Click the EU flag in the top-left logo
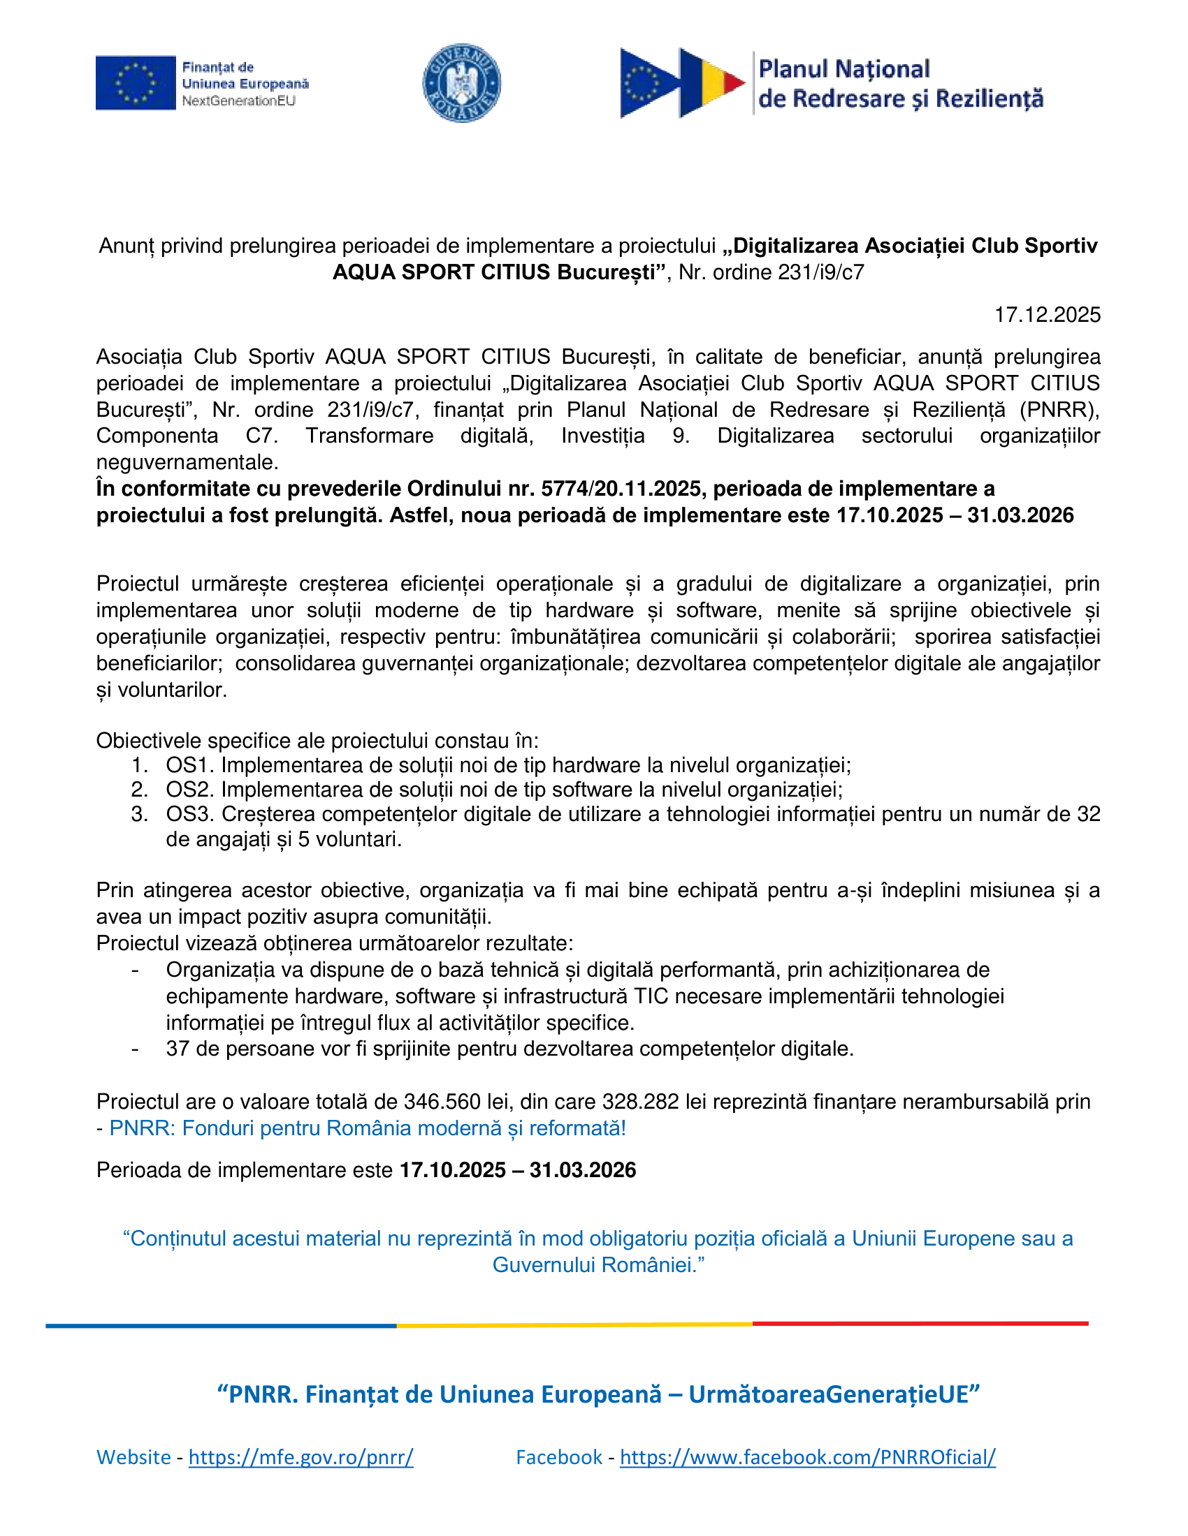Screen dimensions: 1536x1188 click(x=135, y=83)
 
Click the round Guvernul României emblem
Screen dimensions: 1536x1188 click(x=461, y=83)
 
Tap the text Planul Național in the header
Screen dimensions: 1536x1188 click(x=844, y=69)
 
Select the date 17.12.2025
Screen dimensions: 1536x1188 click(x=1047, y=314)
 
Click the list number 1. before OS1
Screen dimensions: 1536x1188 click(x=138, y=765)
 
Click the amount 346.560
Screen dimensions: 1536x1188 click(x=442, y=1101)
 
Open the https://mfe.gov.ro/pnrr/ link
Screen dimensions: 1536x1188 click(x=300, y=1456)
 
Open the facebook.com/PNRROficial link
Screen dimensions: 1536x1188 click(x=807, y=1456)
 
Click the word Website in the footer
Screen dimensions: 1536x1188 click(x=133, y=1456)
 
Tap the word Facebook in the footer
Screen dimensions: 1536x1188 click(x=559, y=1456)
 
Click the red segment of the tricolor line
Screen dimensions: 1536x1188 click(x=919, y=1324)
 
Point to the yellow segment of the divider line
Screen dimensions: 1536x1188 click(x=574, y=1325)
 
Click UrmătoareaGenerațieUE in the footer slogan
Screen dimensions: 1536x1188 click(x=833, y=1394)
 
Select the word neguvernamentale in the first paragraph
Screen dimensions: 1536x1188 click(x=187, y=462)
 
